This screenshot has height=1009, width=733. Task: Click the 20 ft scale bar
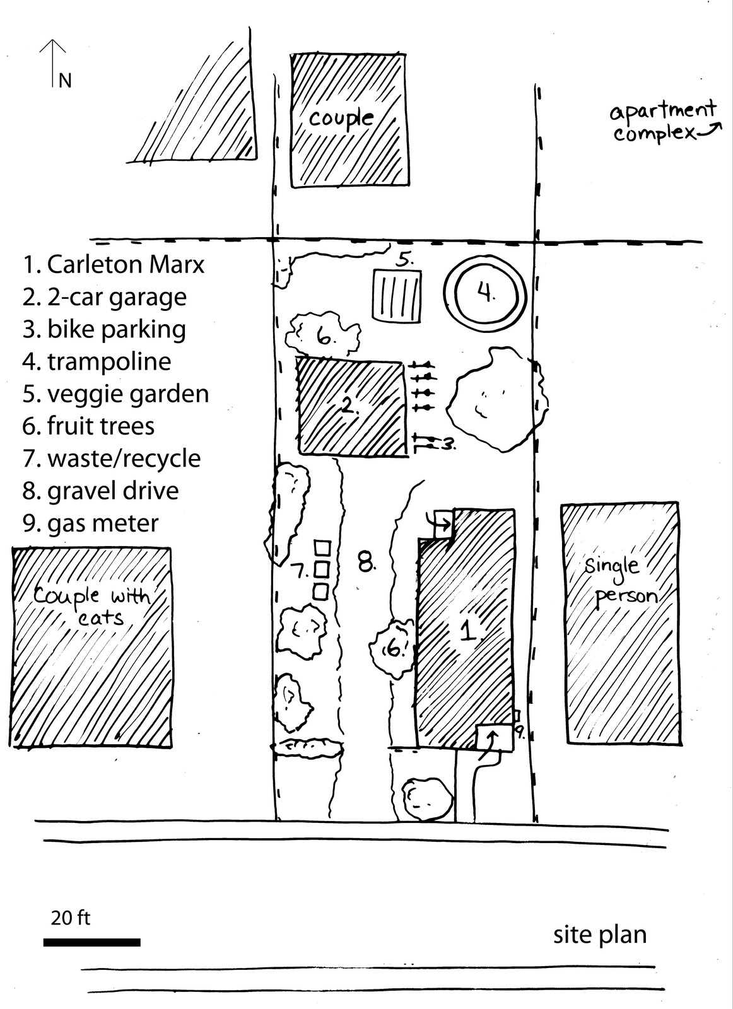[92, 942]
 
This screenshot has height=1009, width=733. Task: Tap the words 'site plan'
[600, 935]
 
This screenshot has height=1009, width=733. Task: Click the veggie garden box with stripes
[396, 295]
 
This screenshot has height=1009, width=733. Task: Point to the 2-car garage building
[351, 407]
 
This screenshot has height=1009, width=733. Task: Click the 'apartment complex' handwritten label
[662, 122]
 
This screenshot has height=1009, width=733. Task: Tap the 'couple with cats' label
[91, 604]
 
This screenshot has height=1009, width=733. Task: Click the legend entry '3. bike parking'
[105, 329]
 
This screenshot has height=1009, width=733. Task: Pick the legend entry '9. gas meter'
[91, 523]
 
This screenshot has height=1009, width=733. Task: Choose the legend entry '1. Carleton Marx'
[114, 264]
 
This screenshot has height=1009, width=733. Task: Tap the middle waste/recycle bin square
[322, 569]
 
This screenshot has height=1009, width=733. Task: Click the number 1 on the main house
[467, 631]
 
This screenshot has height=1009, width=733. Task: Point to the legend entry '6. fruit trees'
[89, 426]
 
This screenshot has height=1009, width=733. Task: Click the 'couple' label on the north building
[341, 118]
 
